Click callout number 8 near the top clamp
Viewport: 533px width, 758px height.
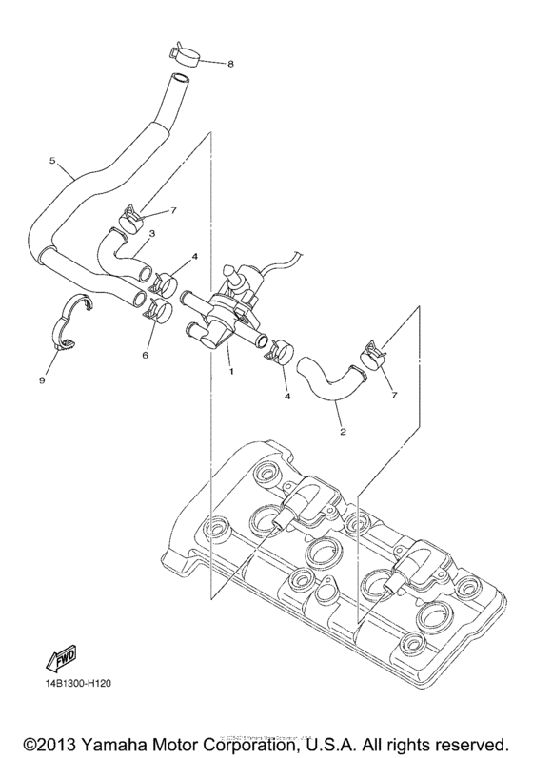(x=228, y=64)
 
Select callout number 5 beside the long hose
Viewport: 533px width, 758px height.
(x=53, y=161)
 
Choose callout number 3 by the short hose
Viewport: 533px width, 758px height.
(x=152, y=233)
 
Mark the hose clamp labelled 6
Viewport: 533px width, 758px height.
(x=155, y=308)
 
